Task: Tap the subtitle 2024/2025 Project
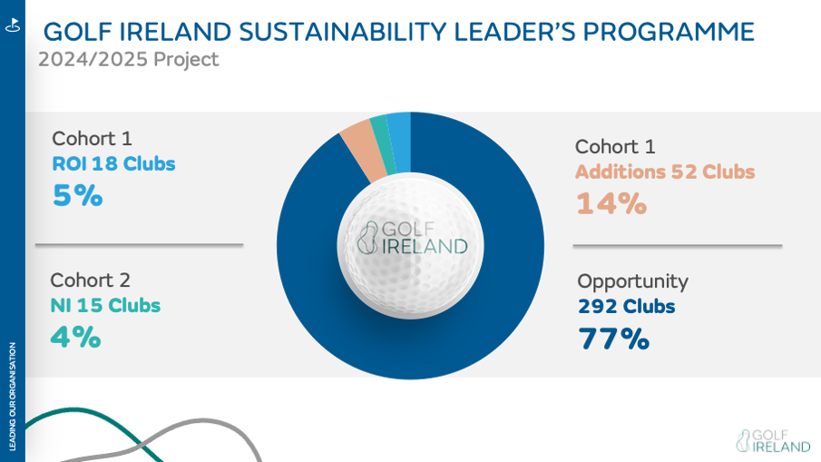[x=128, y=60]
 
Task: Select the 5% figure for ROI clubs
[x=78, y=196]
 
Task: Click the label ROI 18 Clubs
[x=113, y=164]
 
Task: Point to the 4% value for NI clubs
[x=75, y=338]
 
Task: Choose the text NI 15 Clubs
[x=105, y=306]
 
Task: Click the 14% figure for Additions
[x=611, y=203]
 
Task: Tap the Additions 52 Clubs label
[x=665, y=172]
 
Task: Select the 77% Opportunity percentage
[x=614, y=339]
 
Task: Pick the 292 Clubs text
[x=626, y=307]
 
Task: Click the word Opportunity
[x=632, y=281]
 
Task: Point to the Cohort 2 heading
[x=91, y=280]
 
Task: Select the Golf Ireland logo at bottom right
[x=773, y=441]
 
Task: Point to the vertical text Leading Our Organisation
[x=12, y=396]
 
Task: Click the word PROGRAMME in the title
[x=669, y=33]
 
